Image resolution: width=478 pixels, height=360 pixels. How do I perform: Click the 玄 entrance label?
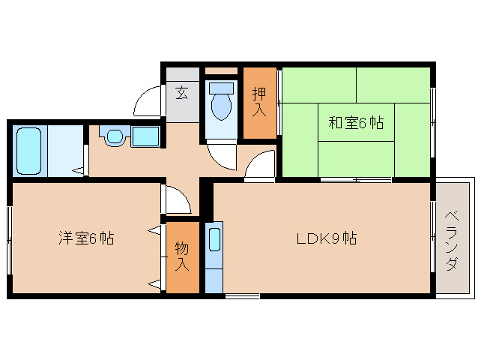182,93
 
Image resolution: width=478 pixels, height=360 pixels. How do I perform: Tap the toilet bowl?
222,107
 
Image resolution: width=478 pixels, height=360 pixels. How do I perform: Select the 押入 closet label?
259,102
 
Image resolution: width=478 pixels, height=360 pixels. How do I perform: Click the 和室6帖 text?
356,123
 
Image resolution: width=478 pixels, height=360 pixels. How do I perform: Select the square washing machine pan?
145,136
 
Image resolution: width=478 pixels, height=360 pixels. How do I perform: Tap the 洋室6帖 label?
87,239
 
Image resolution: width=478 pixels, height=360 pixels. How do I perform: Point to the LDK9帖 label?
326,239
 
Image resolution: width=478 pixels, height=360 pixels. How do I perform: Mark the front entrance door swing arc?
148,100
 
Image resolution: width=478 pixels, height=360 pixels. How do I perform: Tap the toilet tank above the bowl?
222,88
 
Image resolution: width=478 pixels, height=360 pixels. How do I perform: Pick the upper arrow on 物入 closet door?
154,230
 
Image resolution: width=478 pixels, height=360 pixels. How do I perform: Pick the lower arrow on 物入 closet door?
154,283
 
